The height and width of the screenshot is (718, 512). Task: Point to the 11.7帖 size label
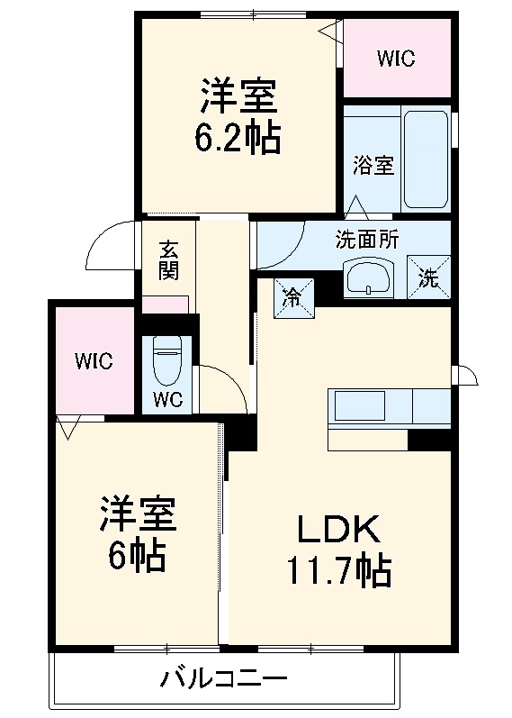tap(338, 569)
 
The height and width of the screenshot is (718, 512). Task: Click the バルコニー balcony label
tap(224, 677)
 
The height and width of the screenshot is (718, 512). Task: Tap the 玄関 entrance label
tap(168, 260)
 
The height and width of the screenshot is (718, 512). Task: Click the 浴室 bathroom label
tap(373, 166)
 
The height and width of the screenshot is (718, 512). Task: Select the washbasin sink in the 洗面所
tap(368, 277)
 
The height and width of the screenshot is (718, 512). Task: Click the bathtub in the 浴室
tap(425, 159)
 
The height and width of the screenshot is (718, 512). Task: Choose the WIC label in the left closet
tap(94, 361)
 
